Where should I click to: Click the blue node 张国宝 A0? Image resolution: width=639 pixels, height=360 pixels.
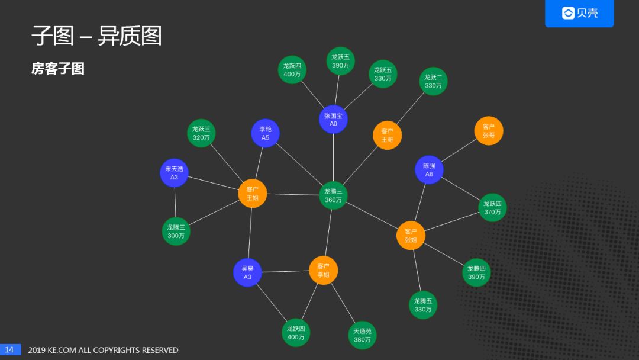333,120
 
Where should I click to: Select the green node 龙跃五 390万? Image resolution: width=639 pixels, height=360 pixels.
340,61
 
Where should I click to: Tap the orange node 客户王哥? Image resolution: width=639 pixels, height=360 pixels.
387,136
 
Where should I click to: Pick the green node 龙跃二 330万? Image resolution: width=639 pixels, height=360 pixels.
433,81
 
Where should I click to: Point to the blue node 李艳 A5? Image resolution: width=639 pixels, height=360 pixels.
265,133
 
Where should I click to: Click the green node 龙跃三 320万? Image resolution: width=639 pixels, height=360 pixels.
201,133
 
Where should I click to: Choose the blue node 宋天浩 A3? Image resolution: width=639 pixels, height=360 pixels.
174,173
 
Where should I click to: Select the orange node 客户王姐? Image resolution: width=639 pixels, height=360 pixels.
253,194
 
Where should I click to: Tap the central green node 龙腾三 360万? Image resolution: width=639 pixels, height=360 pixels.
333,195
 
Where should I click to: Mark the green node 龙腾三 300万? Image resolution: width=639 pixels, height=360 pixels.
176,231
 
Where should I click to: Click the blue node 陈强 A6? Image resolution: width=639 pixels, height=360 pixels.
429,170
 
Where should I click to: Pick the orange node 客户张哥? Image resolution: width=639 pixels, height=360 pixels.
489,131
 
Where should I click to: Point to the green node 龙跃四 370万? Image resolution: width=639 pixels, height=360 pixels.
492,208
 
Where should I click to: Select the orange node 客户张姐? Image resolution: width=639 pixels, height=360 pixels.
411,236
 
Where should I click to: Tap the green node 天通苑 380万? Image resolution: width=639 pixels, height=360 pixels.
362,335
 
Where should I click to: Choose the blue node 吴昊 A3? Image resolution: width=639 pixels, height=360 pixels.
247,272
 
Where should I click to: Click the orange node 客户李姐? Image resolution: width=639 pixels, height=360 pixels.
323,271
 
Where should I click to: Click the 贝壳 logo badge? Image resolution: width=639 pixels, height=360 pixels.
579,13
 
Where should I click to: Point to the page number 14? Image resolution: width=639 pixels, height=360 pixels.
9,350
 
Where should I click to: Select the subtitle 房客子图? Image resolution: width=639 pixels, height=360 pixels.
58,69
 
